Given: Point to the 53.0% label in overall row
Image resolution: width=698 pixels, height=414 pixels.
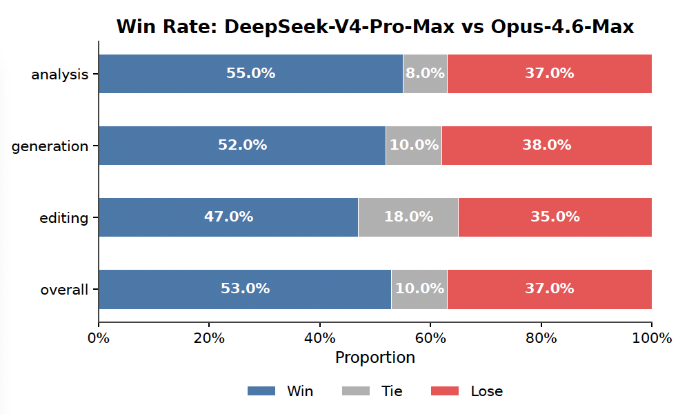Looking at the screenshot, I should click(245, 289).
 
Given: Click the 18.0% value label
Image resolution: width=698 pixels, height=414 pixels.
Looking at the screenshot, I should click(408, 217).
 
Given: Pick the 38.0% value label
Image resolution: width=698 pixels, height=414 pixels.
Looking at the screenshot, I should click(546, 146).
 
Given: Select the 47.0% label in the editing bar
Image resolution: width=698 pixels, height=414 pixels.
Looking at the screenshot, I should click(228, 217).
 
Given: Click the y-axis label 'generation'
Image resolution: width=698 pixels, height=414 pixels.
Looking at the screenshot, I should click(50, 146).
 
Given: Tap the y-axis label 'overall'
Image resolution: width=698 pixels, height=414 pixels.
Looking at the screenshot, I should click(64, 290).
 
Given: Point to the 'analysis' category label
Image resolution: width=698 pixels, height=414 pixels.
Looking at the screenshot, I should click(59, 75).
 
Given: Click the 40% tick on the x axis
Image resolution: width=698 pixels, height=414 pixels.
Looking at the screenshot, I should click(320, 338).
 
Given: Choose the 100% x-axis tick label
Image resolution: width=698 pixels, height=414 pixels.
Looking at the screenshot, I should click(651, 338).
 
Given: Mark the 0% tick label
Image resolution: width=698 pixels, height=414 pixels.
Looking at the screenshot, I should click(99, 338).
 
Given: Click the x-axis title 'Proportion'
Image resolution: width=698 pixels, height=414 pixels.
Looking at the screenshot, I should click(375, 358).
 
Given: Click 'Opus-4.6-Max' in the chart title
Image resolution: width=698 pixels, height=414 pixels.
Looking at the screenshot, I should click(562, 27).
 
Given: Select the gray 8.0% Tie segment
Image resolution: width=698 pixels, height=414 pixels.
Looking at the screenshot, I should click(425, 74).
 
